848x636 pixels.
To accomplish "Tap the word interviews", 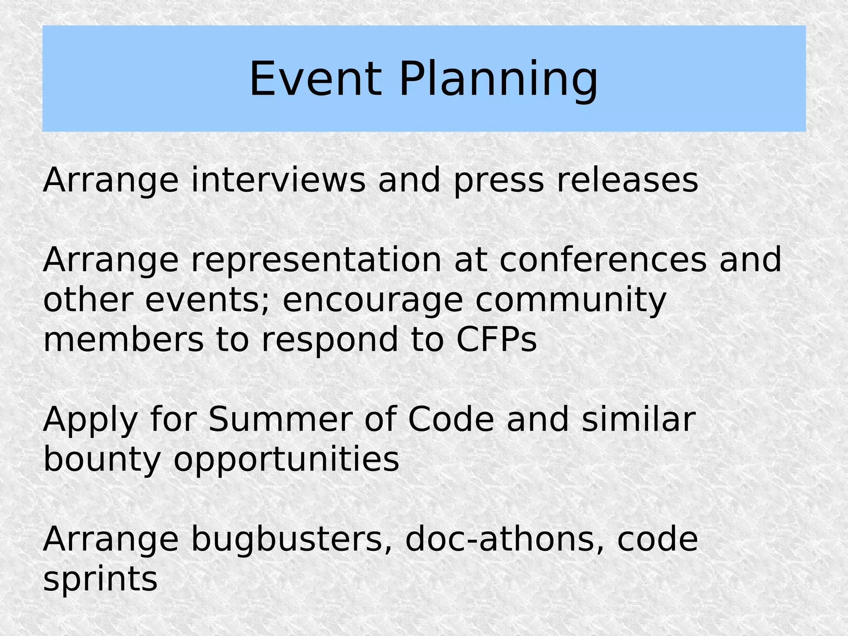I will tap(278, 180).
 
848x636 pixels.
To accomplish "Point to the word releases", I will tap(627, 180).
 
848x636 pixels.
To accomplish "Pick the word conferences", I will tap(603, 260).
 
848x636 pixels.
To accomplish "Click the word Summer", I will tap(280, 420).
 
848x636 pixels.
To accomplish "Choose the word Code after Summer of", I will tap(450, 420).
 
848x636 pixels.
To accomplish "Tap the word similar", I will tap(638, 420).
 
